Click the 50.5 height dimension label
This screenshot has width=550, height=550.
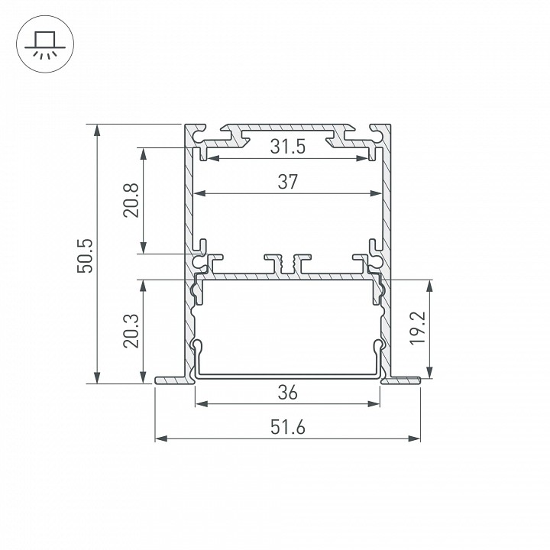(86, 255)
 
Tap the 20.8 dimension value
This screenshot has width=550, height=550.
(131, 200)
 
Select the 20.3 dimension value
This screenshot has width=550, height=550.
(131, 331)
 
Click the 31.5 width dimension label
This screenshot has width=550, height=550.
(288, 147)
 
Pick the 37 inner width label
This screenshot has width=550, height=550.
(288, 182)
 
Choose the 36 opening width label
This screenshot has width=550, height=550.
(288, 392)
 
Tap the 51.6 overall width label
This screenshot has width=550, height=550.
(288, 427)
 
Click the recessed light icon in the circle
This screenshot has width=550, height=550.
(45, 44)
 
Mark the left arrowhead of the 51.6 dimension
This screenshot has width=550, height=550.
(160, 438)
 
